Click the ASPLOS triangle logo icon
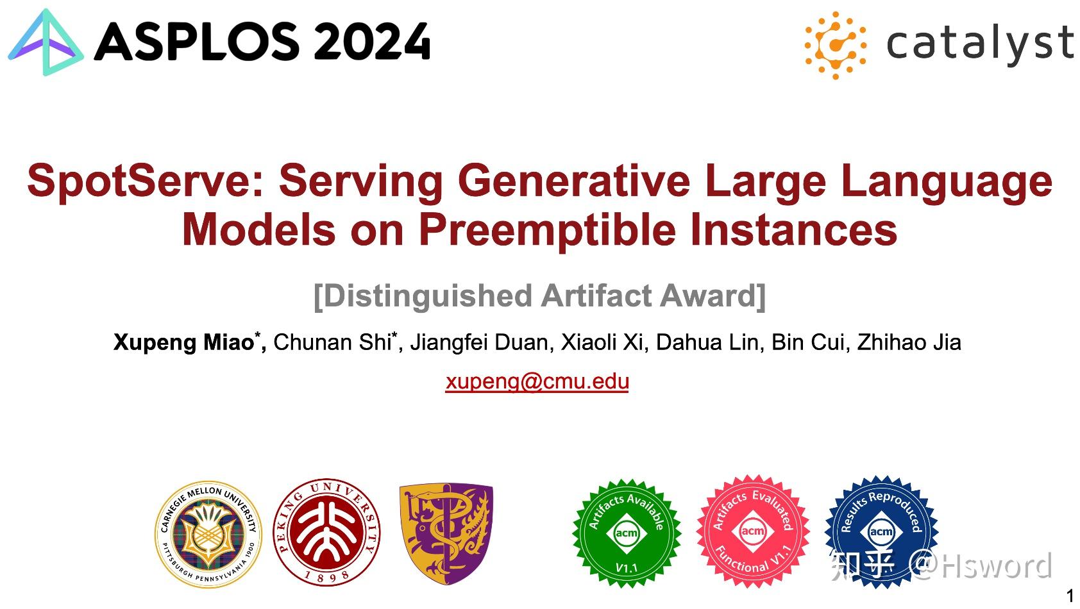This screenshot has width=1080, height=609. pyautogui.click(x=45, y=44)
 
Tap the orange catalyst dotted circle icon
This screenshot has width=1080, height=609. pyautogui.click(x=835, y=45)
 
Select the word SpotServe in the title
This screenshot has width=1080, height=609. pyautogui.click(x=137, y=181)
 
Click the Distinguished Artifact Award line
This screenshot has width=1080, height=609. pyautogui.click(x=539, y=296)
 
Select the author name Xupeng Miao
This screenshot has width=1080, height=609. pyautogui.click(x=184, y=342)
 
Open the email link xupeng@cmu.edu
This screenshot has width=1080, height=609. pyautogui.click(x=537, y=381)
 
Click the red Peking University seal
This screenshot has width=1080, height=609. pyautogui.click(x=327, y=531)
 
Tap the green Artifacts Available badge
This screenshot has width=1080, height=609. pyautogui.click(x=626, y=533)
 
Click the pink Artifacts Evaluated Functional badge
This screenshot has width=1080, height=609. pyautogui.click(x=752, y=531)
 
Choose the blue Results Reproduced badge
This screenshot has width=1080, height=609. pyautogui.click(x=881, y=531)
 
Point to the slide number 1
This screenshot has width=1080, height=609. pyautogui.click(x=1069, y=596)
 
